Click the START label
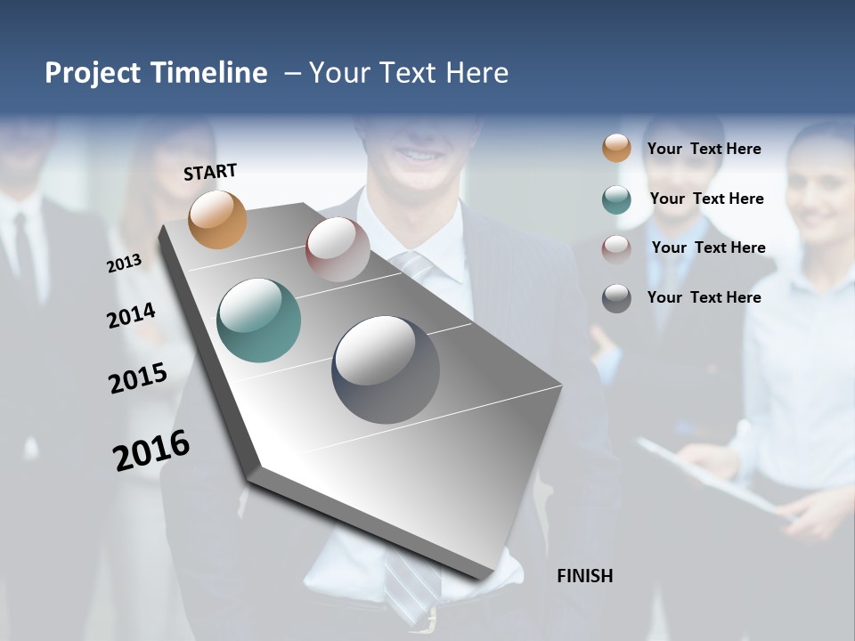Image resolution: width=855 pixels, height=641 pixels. coord(210,172)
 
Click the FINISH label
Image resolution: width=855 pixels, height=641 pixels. coord(585,576)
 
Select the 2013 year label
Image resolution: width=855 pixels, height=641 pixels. coord(124,263)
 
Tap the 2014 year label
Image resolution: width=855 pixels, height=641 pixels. coord(131,315)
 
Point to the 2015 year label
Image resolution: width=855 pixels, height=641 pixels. coord(138,378)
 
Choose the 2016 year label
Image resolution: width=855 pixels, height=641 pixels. coord(151,450)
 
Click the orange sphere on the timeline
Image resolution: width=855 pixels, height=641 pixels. coord(218,219)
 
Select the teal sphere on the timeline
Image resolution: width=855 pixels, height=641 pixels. coord(259,320)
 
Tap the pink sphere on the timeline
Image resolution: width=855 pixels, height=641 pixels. coord(338,249)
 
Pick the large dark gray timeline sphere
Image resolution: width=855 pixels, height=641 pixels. coord(386,369)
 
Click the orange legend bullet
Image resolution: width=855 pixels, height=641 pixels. coord(616,149)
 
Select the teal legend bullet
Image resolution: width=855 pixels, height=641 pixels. coord(616,199)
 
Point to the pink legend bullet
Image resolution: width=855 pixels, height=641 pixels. coord(616,248)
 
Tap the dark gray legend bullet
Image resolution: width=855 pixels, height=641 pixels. coord(616,298)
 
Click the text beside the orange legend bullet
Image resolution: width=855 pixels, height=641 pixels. coord(704,149)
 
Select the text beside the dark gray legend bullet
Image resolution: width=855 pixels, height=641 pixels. coord(704,297)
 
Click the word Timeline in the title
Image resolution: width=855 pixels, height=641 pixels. coord(208,73)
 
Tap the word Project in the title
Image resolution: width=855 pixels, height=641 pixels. coord(93,73)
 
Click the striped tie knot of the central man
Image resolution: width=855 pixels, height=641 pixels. coord(415,264)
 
